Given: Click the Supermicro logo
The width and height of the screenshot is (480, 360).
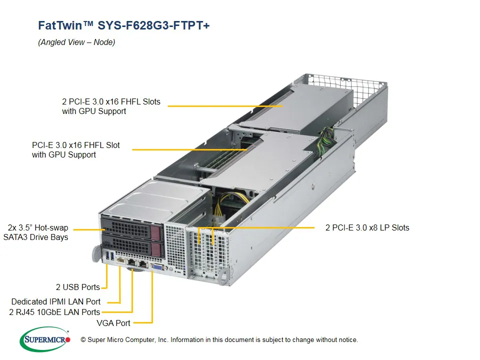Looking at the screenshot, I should click(x=45, y=339).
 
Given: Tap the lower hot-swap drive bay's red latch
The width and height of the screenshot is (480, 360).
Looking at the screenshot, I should click(x=155, y=248).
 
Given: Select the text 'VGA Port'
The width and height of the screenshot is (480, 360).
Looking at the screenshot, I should click(x=113, y=323).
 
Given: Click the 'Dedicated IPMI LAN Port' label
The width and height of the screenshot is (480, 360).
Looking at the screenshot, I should click(x=55, y=301).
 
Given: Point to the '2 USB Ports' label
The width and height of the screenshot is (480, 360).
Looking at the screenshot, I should click(x=77, y=287).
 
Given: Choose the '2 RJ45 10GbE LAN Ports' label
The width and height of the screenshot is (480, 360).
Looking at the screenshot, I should click(x=54, y=312).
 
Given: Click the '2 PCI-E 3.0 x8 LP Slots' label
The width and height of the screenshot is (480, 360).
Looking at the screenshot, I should click(x=367, y=227).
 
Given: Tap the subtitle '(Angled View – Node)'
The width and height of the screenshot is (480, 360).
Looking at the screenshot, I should click(x=76, y=42).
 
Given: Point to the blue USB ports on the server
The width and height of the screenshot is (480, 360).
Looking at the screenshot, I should click(x=108, y=257).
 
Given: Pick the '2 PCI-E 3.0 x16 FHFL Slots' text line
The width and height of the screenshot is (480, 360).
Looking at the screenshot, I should click(x=111, y=101).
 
